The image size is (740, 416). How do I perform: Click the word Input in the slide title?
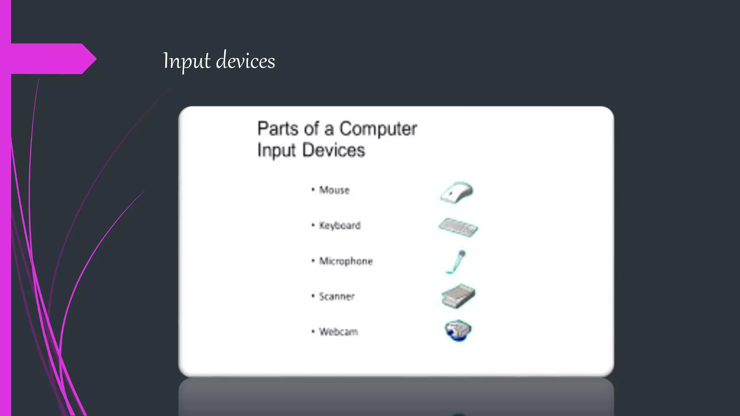tap(186, 61)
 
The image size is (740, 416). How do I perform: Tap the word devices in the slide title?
tap(245, 61)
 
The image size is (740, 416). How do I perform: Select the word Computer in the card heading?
tap(378, 129)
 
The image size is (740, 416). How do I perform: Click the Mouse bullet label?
tap(334, 190)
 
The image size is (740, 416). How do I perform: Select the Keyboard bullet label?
tap(340, 225)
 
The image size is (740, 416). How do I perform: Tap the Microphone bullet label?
tap(346, 261)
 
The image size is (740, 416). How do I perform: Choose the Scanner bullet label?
tap(337, 296)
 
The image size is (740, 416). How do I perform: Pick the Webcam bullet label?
tap(339, 331)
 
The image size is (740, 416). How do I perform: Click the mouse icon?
tap(457, 192)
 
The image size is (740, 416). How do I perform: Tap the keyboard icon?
tap(458, 227)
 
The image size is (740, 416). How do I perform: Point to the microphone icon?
tap(456, 262)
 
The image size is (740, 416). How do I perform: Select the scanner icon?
tap(458, 296)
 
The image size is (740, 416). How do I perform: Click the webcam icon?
tap(458, 330)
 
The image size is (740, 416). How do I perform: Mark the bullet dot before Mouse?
tap(313, 189)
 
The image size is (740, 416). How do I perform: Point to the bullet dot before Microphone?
tap(313, 260)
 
